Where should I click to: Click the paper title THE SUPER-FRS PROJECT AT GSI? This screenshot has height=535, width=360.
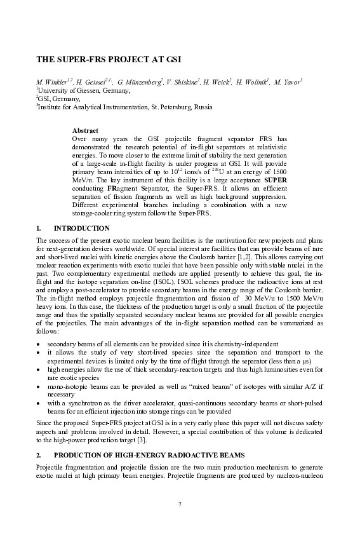click(x=109, y=60)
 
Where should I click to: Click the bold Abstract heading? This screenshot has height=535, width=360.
click(x=85, y=130)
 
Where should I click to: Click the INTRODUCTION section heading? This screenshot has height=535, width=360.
click(x=82, y=228)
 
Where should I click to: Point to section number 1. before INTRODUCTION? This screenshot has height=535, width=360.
click(x=39, y=228)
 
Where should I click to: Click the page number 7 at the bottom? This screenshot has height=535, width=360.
click(x=180, y=505)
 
